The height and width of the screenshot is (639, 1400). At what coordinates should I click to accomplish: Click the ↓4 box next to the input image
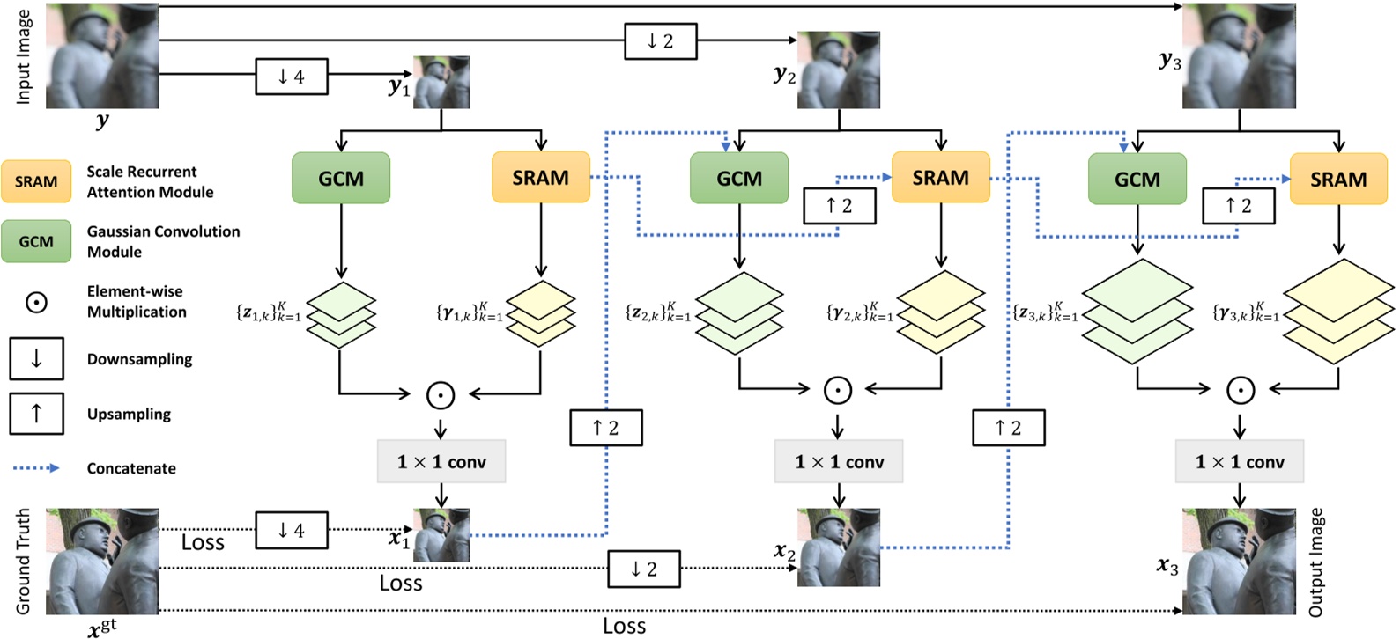[292, 77]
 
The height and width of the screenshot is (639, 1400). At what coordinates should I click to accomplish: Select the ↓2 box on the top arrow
[660, 40]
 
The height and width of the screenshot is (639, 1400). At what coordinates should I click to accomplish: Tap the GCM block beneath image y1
[341, 178]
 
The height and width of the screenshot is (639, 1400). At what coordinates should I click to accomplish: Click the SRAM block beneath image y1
[540, 178]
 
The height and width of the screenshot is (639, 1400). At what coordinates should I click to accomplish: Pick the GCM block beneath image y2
[739, 178]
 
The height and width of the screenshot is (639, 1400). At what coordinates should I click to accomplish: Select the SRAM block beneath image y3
[1338, 179]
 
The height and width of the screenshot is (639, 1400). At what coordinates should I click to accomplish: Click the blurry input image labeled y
[102, 56]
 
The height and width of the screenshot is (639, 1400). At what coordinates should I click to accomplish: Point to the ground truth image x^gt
[102, 561]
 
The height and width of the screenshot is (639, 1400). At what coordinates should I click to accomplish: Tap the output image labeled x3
[1239, 561]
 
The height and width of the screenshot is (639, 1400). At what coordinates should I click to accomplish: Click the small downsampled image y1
[441, 83]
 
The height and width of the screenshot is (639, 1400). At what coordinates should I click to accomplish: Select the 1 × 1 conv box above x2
[839, 462]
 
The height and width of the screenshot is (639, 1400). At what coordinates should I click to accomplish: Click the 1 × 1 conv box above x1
[441, 462]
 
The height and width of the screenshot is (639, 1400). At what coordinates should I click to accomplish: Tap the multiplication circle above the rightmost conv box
[1240, 390]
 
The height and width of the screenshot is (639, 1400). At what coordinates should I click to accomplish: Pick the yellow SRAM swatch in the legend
[36, 181]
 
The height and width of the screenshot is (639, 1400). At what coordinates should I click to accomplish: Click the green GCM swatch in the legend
[36, 241]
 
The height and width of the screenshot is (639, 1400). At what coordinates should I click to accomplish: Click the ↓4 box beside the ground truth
[291, 531]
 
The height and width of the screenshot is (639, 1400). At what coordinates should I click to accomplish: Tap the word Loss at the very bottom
[624, 626]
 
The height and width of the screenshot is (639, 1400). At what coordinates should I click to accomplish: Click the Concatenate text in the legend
[131, 468]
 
